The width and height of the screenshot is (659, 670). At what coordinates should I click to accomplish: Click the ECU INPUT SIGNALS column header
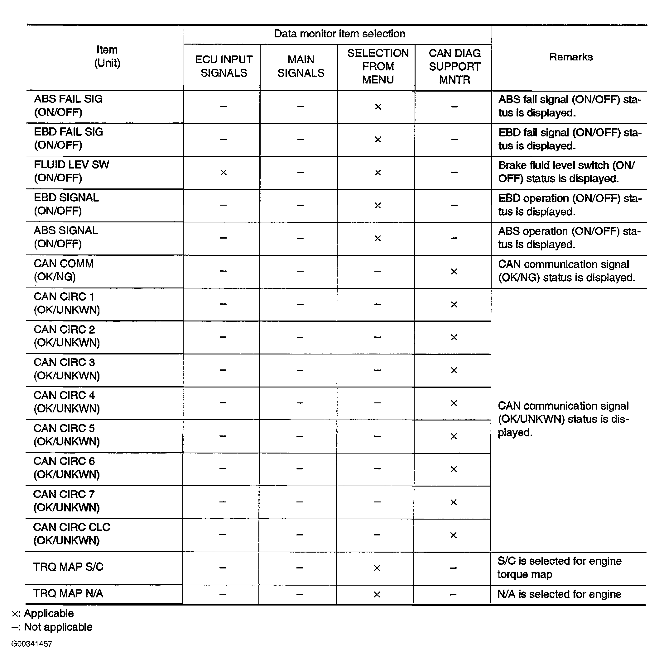(224, 66)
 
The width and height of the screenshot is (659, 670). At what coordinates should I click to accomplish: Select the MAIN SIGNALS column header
(301, 66)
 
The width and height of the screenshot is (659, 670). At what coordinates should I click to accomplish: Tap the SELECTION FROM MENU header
(378, 66)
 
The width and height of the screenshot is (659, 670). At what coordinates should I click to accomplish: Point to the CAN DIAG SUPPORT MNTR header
(455, 66)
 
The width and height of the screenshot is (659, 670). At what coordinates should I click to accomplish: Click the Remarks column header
(571, 57)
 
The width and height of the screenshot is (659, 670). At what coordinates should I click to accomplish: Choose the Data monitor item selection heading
(339, 34)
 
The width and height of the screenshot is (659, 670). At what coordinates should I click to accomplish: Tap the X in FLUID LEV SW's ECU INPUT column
(224, 172)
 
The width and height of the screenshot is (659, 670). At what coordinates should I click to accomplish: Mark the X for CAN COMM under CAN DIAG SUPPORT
(454, 272)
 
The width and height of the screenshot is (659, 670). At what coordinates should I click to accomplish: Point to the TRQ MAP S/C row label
(68, 567)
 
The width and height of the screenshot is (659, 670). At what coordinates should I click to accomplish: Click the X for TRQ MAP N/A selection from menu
(377, 595)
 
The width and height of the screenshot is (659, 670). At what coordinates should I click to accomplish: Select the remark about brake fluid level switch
(566, 172)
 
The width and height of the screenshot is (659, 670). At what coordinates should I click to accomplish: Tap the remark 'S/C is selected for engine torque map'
(559, 568)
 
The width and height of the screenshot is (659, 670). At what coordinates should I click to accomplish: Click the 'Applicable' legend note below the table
(43, 613)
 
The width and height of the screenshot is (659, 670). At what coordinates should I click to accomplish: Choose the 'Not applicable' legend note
(52, 627)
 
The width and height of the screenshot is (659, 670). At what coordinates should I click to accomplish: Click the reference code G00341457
(31, 644)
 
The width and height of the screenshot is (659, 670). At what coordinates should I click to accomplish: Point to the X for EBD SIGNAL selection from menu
(378, 206)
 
